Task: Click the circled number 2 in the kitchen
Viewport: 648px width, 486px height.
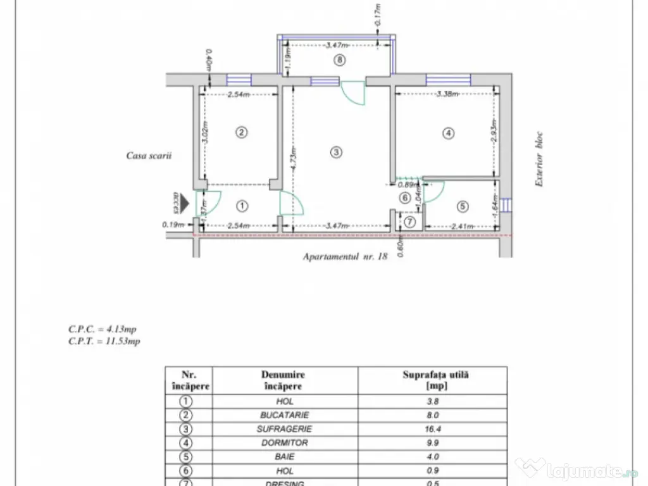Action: click(x=240, y=132)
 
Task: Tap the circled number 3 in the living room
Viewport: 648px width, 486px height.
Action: click(x=336, y=152)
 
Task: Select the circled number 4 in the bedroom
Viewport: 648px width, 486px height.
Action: click(x=448, y=134)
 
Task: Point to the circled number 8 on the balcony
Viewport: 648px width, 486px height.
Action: click(x=340, y=60)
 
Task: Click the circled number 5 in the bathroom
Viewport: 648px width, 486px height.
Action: click(x=462, y=206)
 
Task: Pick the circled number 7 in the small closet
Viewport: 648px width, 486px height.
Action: click(x=409, y=221)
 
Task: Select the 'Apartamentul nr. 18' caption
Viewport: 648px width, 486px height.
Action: click(x=345, y=257)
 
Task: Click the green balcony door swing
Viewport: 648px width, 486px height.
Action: click(x=353, y=94)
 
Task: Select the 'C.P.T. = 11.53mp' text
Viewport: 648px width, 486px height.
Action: click(x=104, y=341)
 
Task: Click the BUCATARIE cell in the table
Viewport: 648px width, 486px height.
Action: click(x=285, y=415)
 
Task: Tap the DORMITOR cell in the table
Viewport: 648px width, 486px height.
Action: click(x=285, y=443)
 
